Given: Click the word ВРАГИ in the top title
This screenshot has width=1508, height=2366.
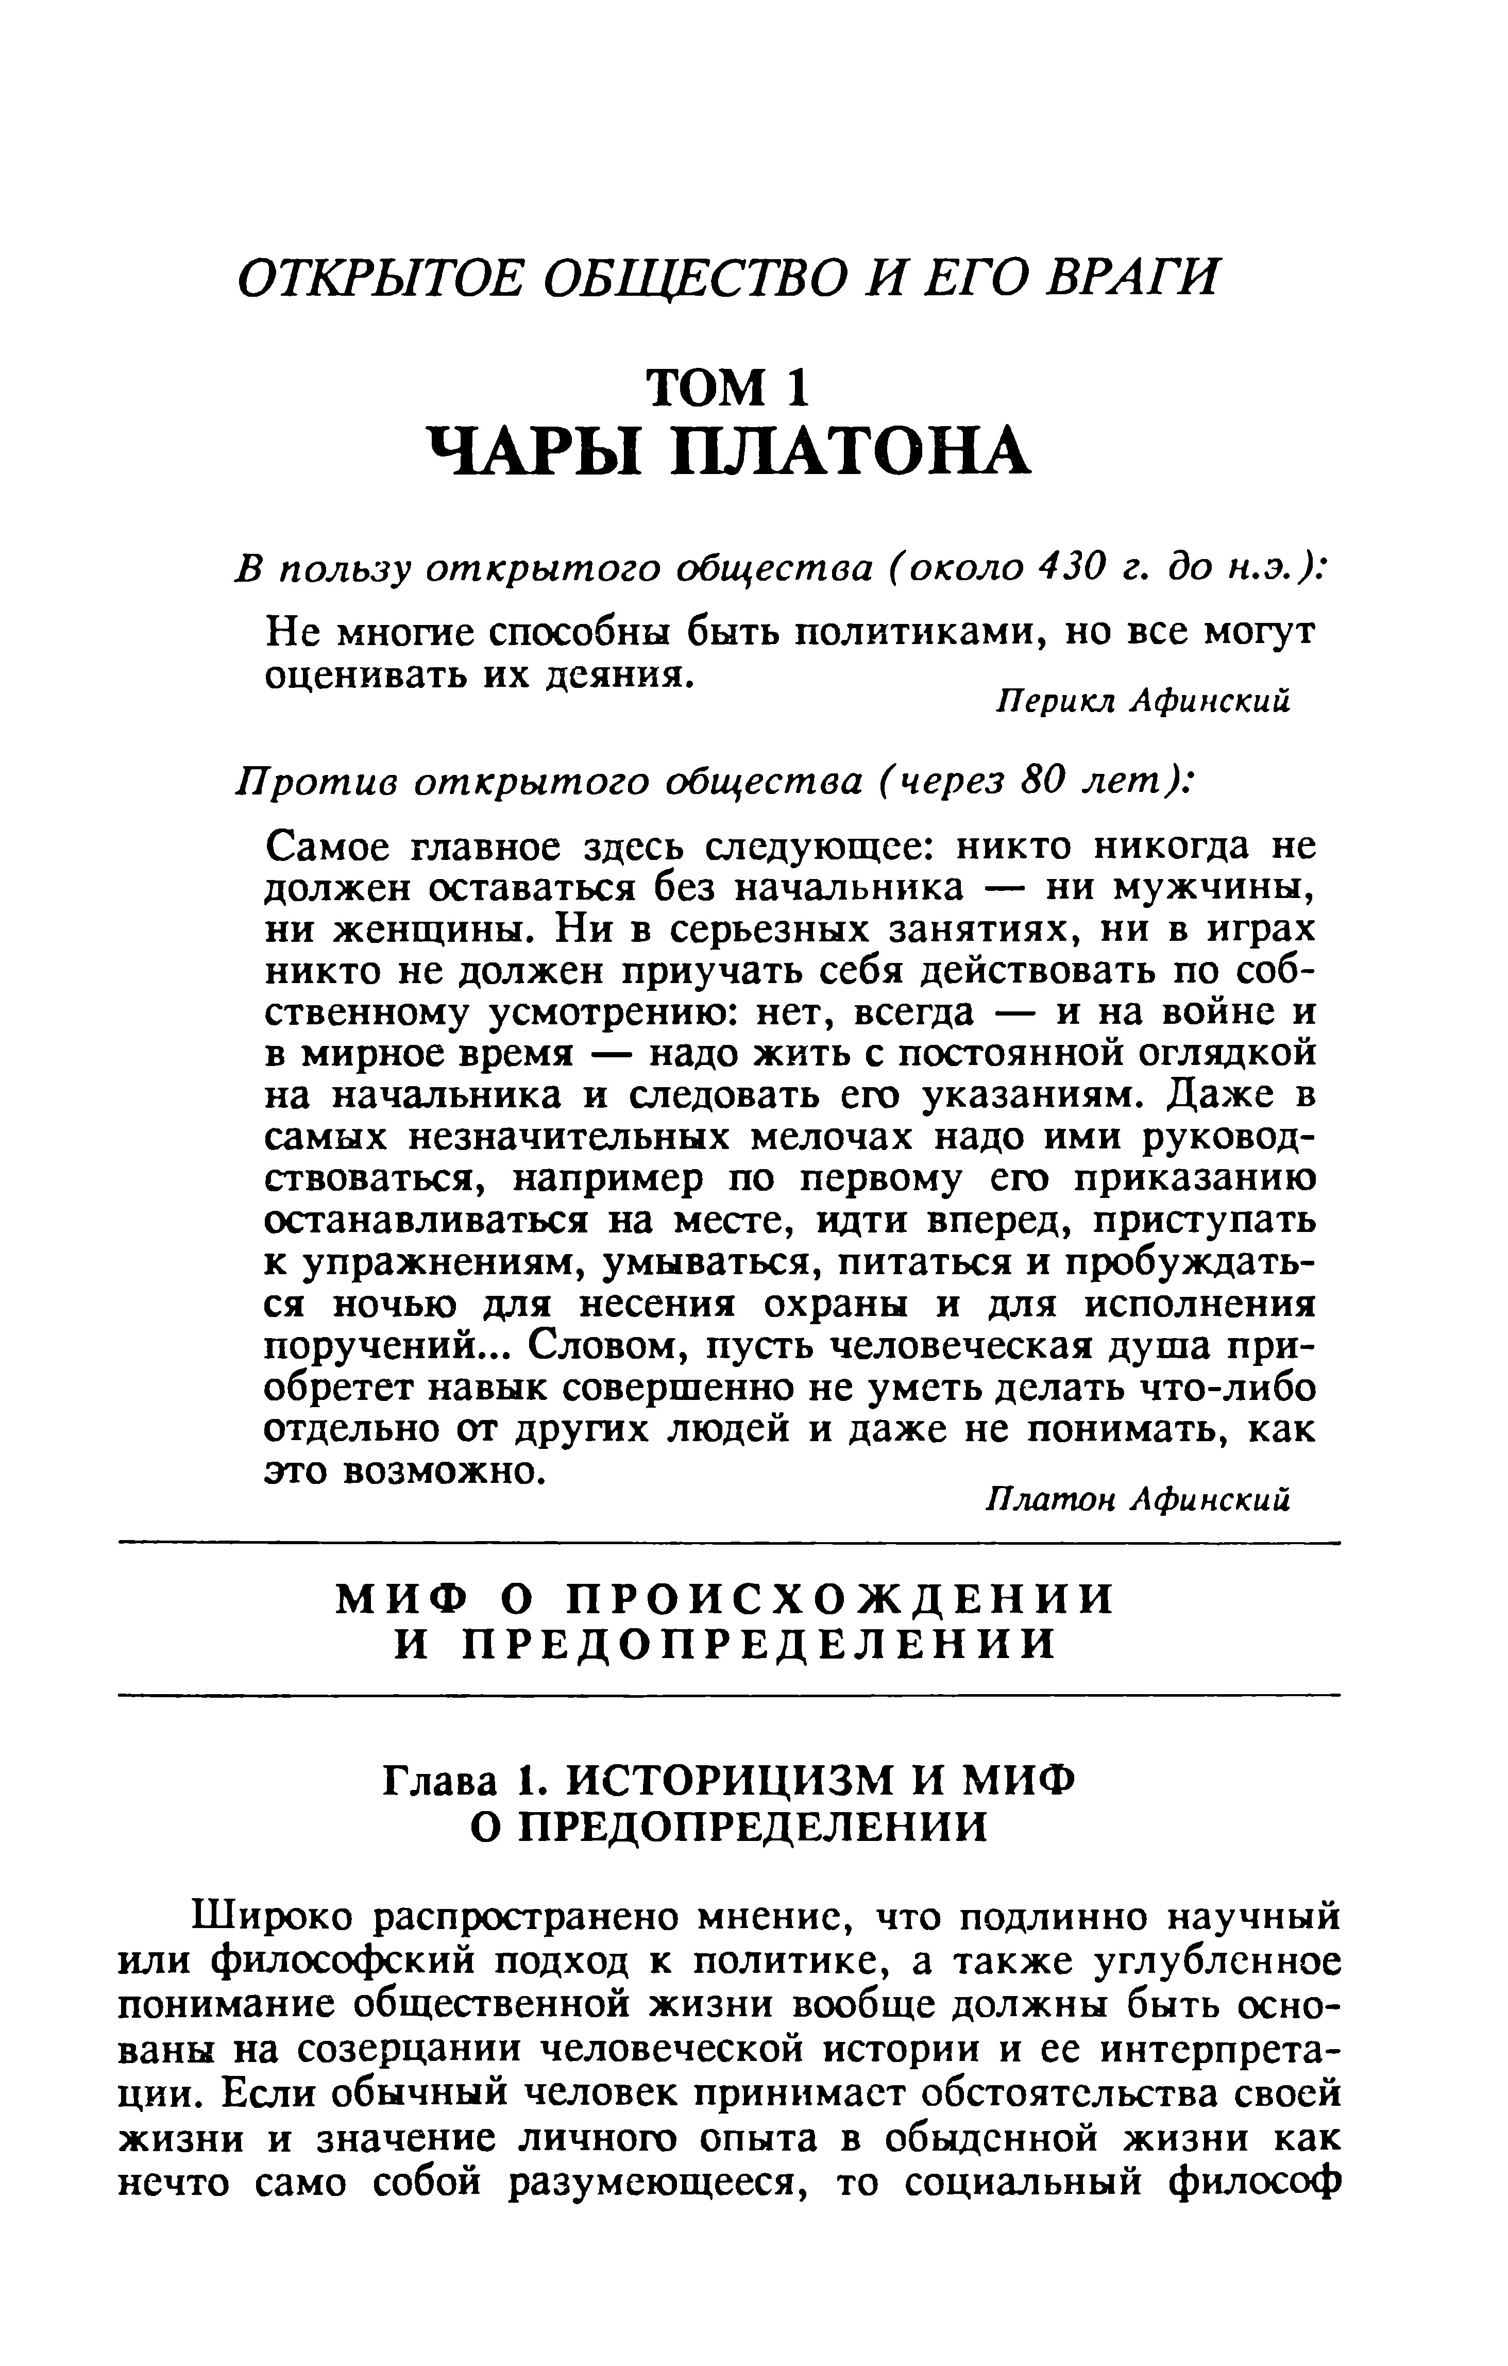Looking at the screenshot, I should [1130, 277].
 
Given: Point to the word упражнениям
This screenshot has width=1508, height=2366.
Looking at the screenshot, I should [437, 1262].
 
